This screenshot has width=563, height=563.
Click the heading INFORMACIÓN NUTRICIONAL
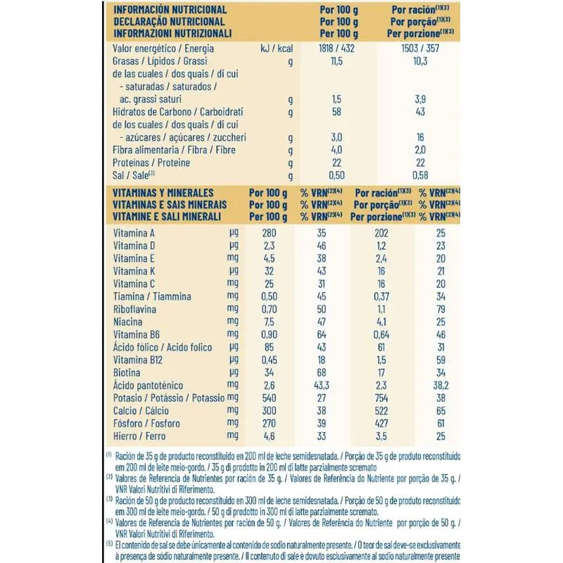pyautogui.click(x=170, y=10)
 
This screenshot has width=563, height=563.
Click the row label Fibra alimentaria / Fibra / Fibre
pyautogui.click(x=174, y=150)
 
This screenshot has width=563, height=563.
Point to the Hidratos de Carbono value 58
pyautogui.click(x=336, y=112)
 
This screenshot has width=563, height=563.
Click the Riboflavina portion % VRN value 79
pyautogui.click(x=439, y=309)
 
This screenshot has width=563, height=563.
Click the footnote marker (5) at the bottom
pyautogui.click(x=109, y=545)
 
